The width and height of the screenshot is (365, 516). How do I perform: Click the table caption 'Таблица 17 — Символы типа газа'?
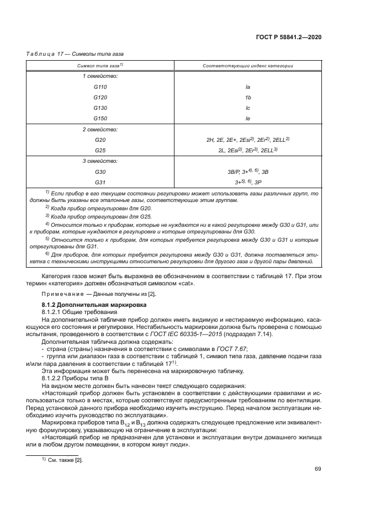(x=75, y=54)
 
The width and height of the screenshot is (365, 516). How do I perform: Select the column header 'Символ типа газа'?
(x=100, y=66)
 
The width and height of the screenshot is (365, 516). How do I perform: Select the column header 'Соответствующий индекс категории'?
(x=248, y=66)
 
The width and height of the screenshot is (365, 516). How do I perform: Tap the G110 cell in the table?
(x=100, y=87)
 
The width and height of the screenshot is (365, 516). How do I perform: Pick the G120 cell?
(x=100, y=97)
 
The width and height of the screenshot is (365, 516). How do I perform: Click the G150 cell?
(x=100, y=118)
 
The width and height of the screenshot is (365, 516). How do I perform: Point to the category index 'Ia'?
(x=248, y=87)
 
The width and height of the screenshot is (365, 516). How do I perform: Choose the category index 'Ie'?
(x=248, y=118)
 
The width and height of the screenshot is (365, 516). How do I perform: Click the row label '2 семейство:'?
(x=100, y=129)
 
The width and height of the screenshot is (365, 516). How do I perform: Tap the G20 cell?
(x=100, y=140)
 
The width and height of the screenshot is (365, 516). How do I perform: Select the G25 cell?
(x=100, y=150)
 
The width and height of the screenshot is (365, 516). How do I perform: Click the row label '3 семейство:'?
(x=100, y=161)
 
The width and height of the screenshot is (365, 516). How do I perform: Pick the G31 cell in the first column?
(x=100, y=182)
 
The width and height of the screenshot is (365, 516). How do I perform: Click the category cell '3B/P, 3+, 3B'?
(x=248, y=172)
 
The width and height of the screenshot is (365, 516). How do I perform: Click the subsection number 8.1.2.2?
(x=52, y=378)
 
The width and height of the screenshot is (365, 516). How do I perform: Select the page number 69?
(x=318, y=469)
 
